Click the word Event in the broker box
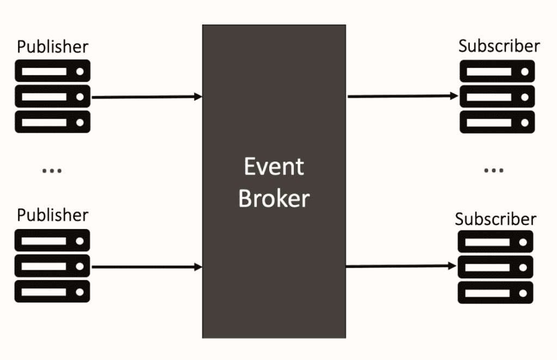[x=274, y=166]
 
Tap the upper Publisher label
[x=52, y=46]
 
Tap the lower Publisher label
[x=52, y=215]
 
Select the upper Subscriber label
[x=499, y=46]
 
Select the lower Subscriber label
[x=496, y=219]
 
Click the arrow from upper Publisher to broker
[x=147, y=97]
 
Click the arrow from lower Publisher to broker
[x=147, y=267]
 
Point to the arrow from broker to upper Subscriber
[x=403, y=96]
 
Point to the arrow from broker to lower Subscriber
[x=401, y=266]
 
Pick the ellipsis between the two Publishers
[x=52, y=171]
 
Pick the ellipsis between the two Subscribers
[x=493, y=171]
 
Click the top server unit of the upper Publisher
[x=52, y=71]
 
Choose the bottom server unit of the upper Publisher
[x=52, y=122]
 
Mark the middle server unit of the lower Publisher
[x=52, y=266]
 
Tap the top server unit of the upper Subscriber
[x=497, y=71]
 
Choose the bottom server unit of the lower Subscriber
[x=495, y=292]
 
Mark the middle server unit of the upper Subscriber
[x=497, y=97]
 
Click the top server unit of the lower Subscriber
[x=495, y=241]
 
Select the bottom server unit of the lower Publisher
[x=52, y=291]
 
